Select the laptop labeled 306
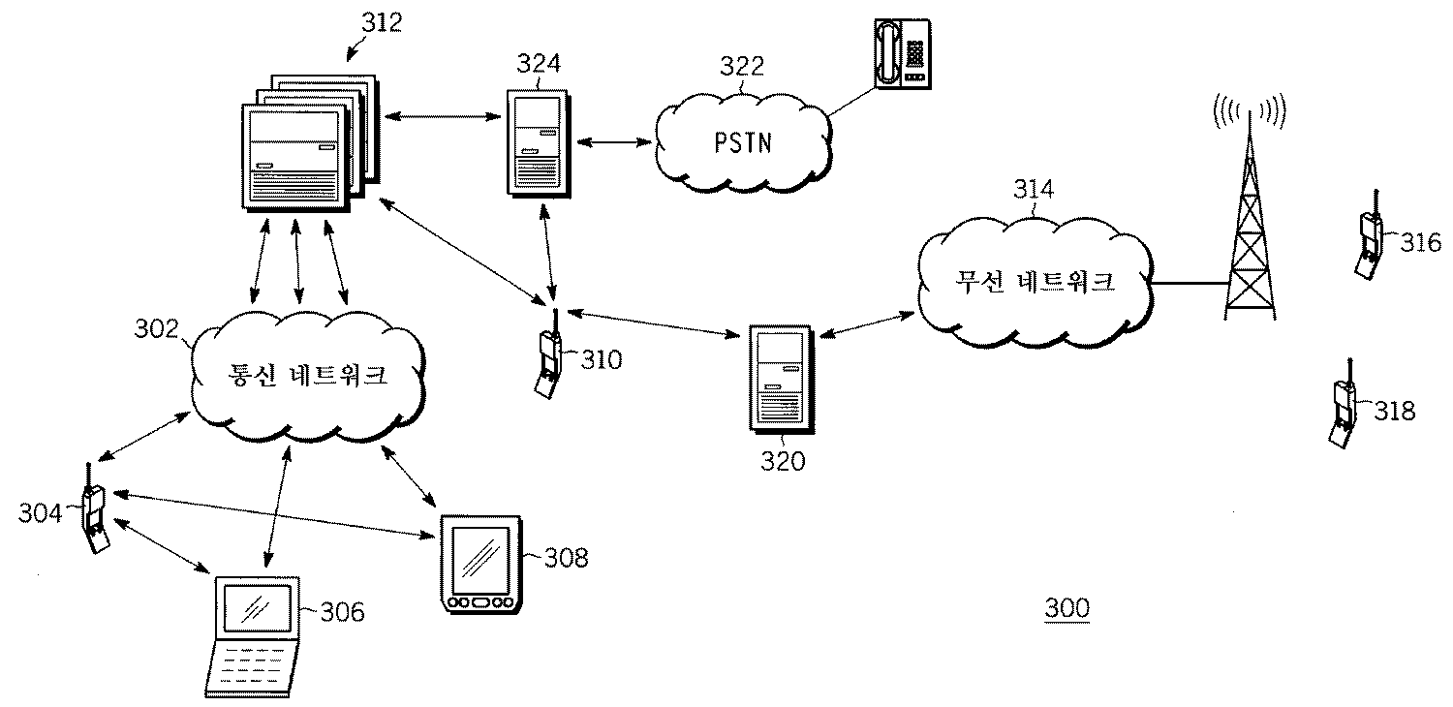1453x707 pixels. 254,635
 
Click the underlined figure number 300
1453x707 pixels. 1067,609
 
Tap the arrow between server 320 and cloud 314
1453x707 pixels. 865,324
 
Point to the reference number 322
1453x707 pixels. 741,66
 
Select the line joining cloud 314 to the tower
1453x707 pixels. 1190,284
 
